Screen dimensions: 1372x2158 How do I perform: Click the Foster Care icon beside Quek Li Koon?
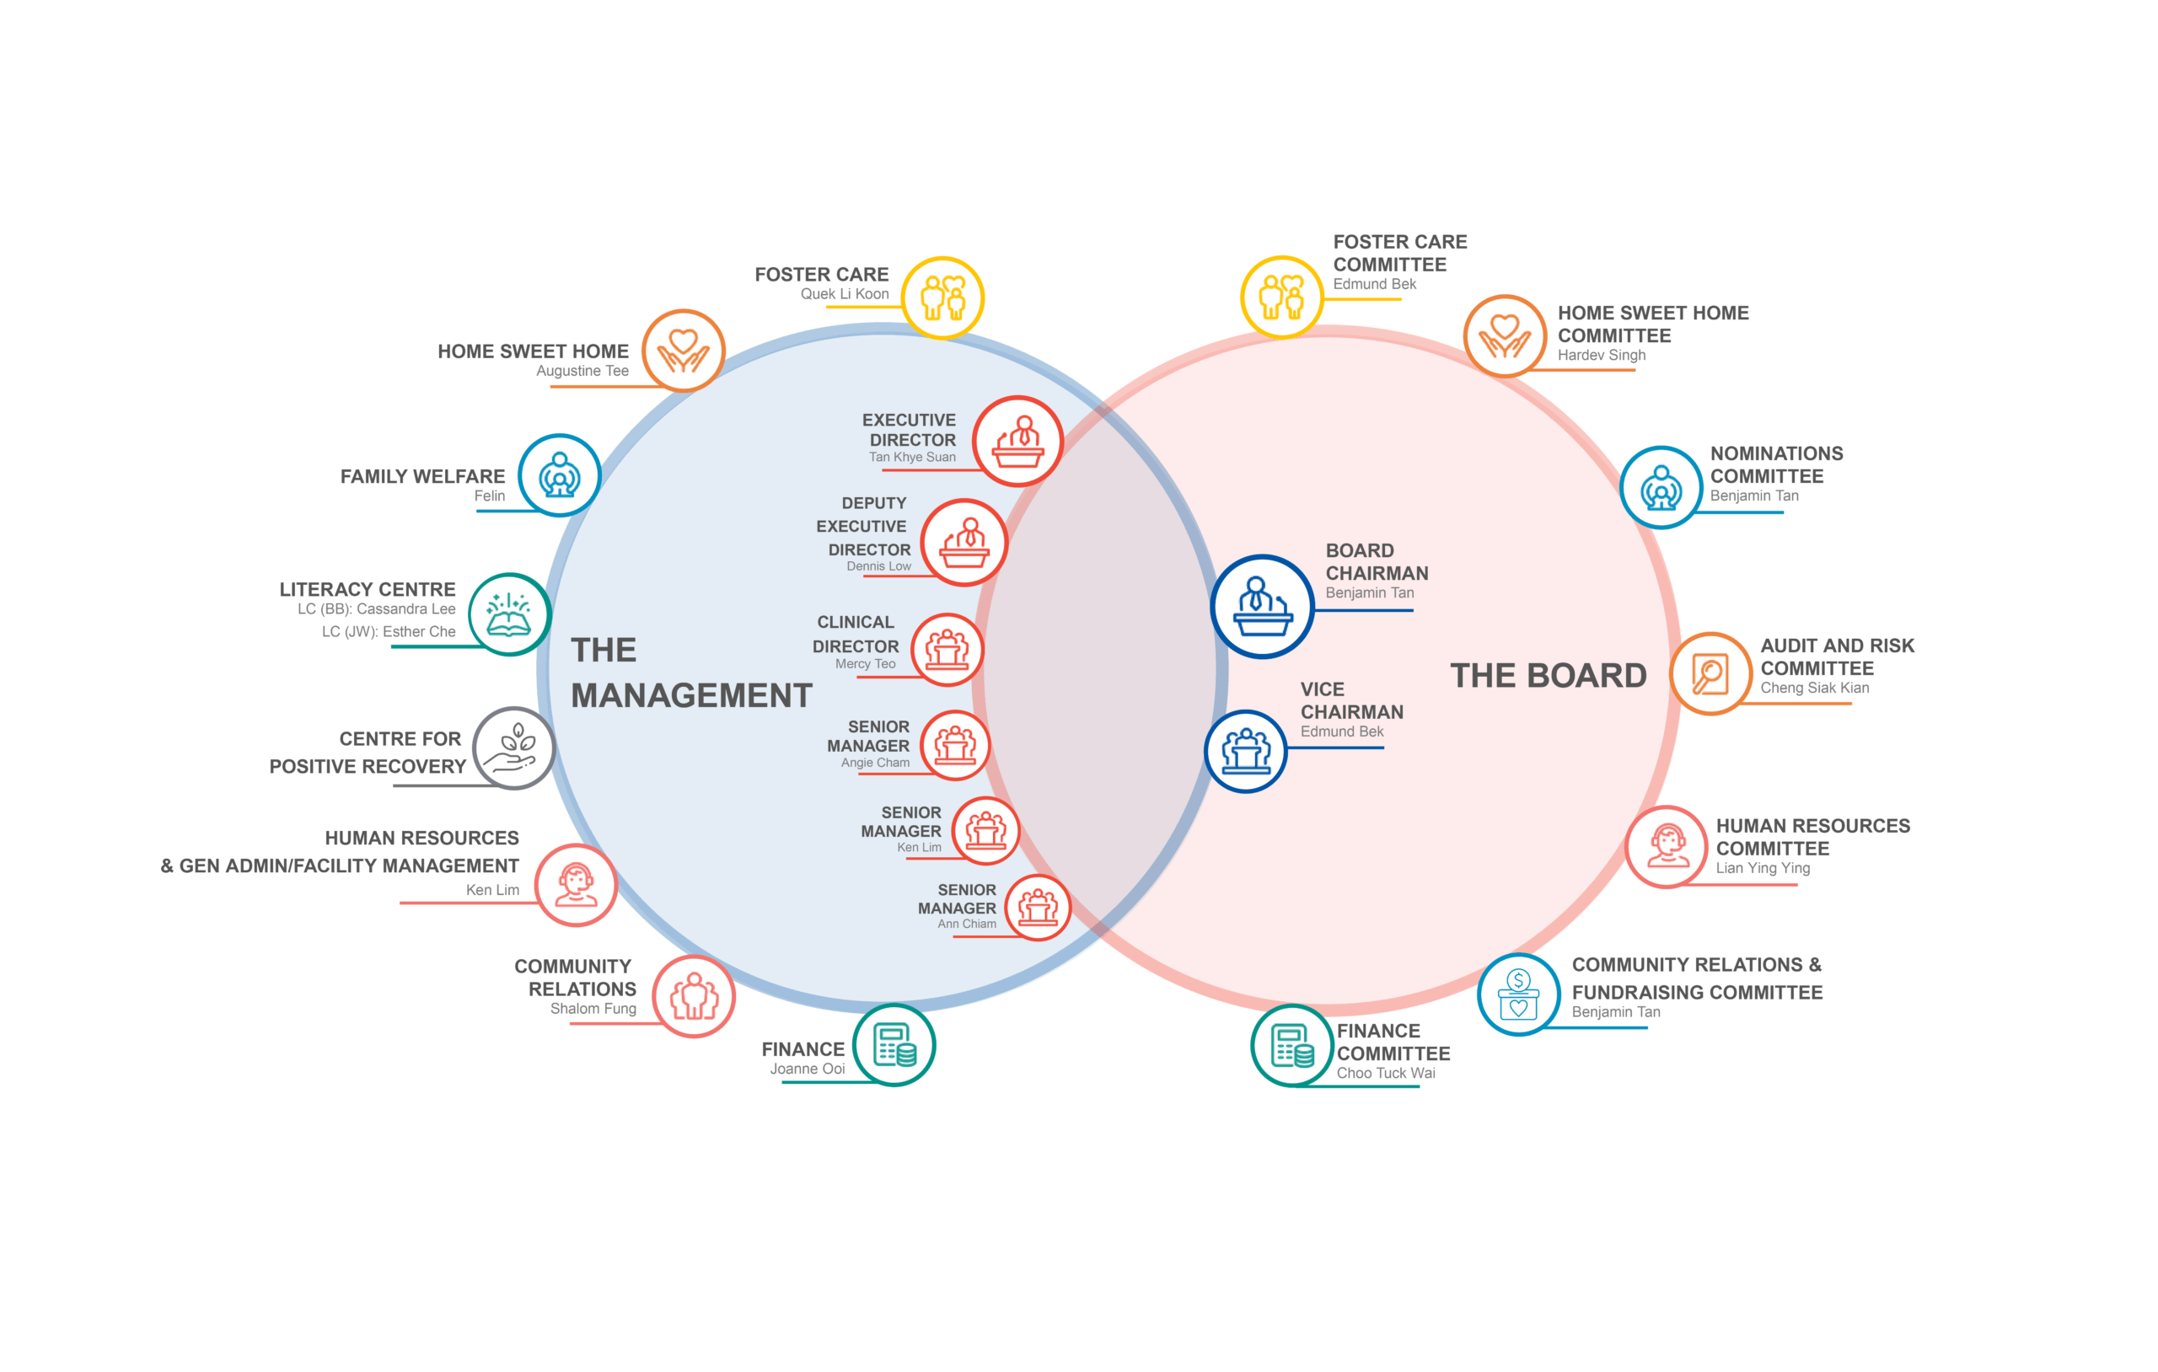click(x=942, y=297)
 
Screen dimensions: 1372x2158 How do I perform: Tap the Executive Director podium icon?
click(x=1018, y=441)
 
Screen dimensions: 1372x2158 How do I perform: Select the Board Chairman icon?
click(x=1262, y=607)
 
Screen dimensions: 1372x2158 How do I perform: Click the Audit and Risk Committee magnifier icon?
click(x=1710, y=673)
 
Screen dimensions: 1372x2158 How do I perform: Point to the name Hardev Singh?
click(x=1602, y=355)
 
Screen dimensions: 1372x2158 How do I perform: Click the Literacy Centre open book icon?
click(x=509, y=614)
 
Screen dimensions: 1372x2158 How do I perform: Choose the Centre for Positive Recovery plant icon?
click(x=514, y=748)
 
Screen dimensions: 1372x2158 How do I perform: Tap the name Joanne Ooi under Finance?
click(x=808, y=1069)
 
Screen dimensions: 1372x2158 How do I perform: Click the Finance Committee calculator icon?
click(x=1292, y=1045)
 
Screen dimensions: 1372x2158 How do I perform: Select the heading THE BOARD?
click(x=1549, y=675)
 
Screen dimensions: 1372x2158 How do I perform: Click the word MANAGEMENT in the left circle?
click(x=692, y=695)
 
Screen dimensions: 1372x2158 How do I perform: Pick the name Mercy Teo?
click(x=865, y=664)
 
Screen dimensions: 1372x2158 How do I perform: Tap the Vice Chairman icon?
click(x=1246, y=751)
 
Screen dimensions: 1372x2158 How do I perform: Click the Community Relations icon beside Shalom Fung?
click(x=694, y=995)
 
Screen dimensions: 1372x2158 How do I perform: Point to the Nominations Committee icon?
click(x=1661, y=487)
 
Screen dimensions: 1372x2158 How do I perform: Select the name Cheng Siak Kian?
click(x=1815, y=688)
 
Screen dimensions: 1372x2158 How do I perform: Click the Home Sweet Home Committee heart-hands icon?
click(x=1505, y=336)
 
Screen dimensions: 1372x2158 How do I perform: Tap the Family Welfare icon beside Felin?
click(x=559, y=475)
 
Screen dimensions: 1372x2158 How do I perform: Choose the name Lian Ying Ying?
click(x=1763, y=867)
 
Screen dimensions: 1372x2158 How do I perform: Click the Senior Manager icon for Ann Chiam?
click(x=1038, y=907)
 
